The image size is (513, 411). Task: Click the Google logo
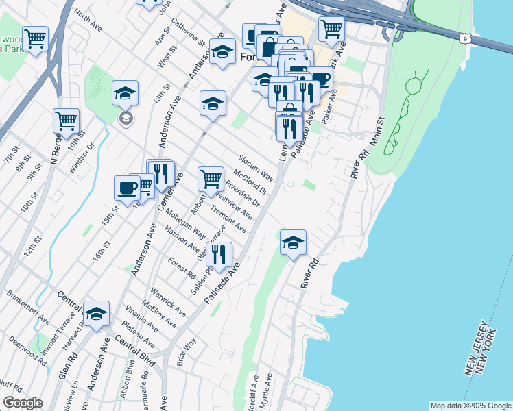pyautogui.click(x=23, y=403)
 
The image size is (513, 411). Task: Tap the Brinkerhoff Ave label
pyautogui.click(x=28, y=309)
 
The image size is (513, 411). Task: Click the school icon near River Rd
pyautogui.click(x=293, y=242)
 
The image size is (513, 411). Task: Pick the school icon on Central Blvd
pyautogui.click(x=97, y=314)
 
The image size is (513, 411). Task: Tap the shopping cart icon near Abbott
pyautogui.click(x=211, y=179)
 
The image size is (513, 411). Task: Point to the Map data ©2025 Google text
pyautogui.click(x=470, y=406)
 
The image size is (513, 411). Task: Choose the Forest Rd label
pyautogui.click(x=182, y=267)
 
